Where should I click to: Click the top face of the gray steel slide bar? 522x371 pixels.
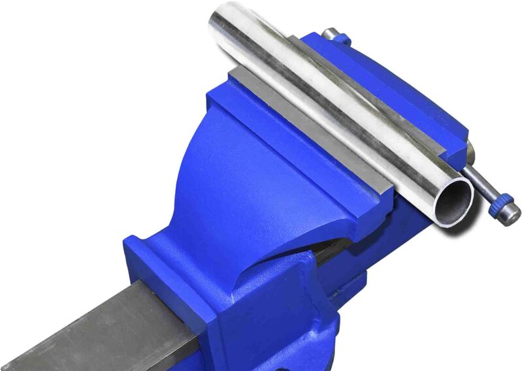click(85, 327)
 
